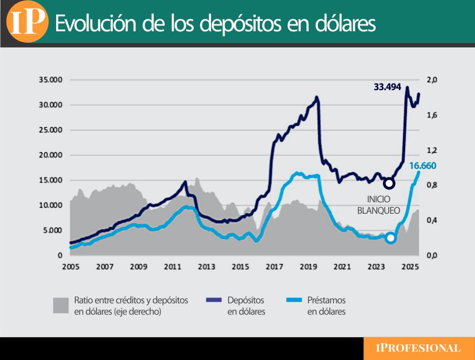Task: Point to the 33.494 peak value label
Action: click(387, 86)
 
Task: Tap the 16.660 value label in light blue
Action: click(422, 166)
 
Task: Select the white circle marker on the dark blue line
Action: click(389, 184)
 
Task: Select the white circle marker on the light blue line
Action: click(390, 238)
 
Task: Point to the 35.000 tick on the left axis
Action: click(51, 80)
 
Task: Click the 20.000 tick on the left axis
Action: click(51, 155)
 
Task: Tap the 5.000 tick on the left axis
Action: click(53, 230)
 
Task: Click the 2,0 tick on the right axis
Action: click(431, 80)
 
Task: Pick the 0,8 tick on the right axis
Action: click(431, 185)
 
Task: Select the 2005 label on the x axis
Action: click(71, 267)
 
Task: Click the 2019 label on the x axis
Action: click(308, 267)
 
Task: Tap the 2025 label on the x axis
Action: click(410, 267)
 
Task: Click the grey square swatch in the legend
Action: click(61, 305)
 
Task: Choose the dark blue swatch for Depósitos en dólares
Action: click(214, 300)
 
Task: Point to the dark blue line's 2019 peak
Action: click(317, 98)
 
